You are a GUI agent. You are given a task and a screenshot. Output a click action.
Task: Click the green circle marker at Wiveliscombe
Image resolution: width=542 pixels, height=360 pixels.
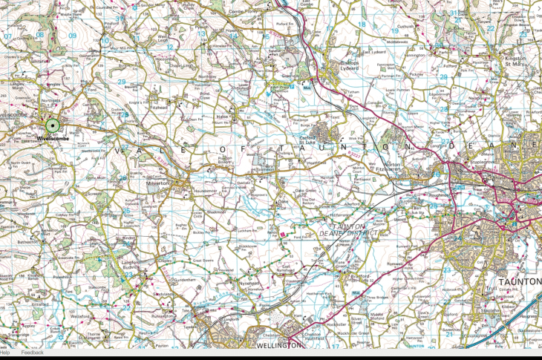click(x=52, y=126)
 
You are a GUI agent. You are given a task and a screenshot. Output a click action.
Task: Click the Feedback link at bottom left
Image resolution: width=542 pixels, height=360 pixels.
click(x=32, y=353)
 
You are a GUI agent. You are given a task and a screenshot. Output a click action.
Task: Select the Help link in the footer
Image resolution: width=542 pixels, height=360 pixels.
click(x=5, y=353)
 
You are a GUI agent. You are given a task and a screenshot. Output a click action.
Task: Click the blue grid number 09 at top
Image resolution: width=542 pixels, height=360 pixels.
click(x=72, y=36)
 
